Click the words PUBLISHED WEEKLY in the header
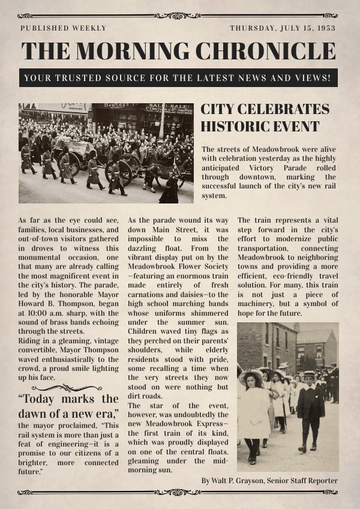(x=63, y=28)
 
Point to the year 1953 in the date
(x=325, y=28)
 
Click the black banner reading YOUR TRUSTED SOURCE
(x=178, y=78)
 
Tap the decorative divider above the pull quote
(x=68, y=388)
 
